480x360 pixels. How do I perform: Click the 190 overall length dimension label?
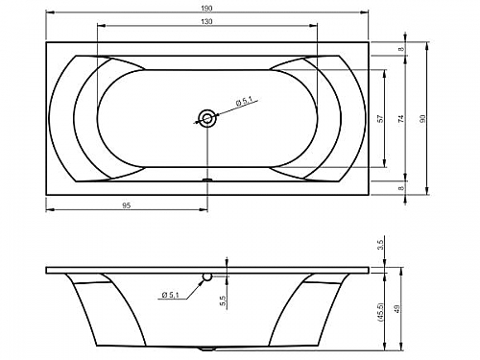(x=207, y=9)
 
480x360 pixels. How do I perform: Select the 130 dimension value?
(x=207, y=21)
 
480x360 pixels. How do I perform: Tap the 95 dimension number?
(x=127, y=205)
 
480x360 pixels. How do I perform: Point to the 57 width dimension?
(x=380, y=118)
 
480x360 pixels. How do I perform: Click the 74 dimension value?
(x=401, y=118)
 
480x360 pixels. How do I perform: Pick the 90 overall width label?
(x=422, y=118)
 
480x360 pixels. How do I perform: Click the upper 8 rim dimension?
(x=401, y=49)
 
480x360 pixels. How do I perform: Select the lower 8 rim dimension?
(x=401, y=188)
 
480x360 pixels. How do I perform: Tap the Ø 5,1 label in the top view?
(x=244, y=103)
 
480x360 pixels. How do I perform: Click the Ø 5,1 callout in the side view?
(x=170, y=295)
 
